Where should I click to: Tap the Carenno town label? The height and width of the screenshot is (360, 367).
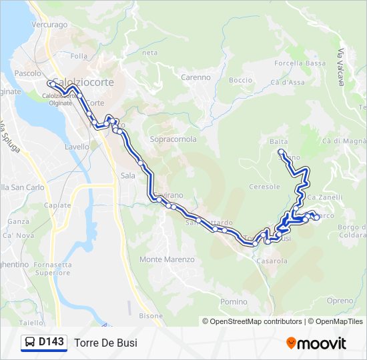pyautogui.click(x=196, y=77)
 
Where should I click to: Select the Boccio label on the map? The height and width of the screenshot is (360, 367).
pyautogui.click(x=240, y=80)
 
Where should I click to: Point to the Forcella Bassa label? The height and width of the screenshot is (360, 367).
pyautogui.click(x=300, y=63)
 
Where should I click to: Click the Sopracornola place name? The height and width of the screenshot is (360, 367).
pyautogui.click(x=173, y=140)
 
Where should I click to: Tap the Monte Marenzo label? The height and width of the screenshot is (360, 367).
pyautogui.click(x=167, y=259)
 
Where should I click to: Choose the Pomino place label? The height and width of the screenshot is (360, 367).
pyautogui.click(x=234, y=302)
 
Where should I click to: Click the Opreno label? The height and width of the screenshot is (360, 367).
pyautogui.click(x=340, y=301)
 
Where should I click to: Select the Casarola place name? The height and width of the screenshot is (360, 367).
pyautogui.click(x=271, y=261)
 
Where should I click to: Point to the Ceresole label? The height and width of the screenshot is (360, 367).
pyautogui.click(x=264, y=187)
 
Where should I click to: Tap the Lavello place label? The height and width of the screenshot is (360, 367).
pyautogui.click(x=77, y=147)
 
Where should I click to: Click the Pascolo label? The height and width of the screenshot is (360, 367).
pyautogui.click(x=28, y=73)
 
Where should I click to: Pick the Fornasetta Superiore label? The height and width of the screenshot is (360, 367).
pyautogui.click(x=53, y=269)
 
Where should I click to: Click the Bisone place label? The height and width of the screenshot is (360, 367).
pyautogui.click(x=151, y=315)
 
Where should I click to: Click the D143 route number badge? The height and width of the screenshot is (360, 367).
pyautogui.click(x=44, y=343)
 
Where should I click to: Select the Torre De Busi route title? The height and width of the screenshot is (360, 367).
pyautogui.click(x=106, y=343)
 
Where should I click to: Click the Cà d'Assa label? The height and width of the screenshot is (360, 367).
pyautogui.click(x=288, y=83)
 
